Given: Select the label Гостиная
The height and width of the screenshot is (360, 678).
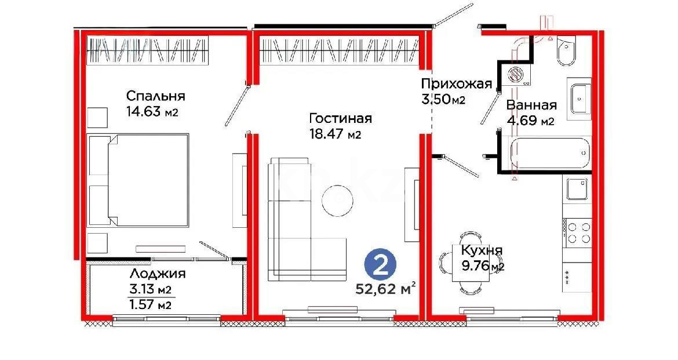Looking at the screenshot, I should click(340, 119).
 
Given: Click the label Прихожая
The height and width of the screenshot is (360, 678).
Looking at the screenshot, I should click(457, 83).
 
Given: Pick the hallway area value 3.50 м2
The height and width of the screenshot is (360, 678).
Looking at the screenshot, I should click(443, 99).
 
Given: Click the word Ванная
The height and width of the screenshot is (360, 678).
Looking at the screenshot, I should click(531, 105).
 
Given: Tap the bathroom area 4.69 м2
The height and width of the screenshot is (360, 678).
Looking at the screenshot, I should click(531, 121).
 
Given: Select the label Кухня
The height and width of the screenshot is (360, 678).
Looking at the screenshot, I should click(482, 250).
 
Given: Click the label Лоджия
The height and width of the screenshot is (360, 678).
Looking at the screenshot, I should click(158, 274).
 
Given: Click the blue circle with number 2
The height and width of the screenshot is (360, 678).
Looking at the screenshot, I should click(380, 267).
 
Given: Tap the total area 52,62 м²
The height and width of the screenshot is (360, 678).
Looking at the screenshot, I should click(387, 289).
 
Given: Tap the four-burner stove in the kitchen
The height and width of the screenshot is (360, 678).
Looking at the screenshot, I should click(577, 231).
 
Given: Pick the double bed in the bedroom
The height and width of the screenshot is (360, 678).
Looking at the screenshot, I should click(138, 180).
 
